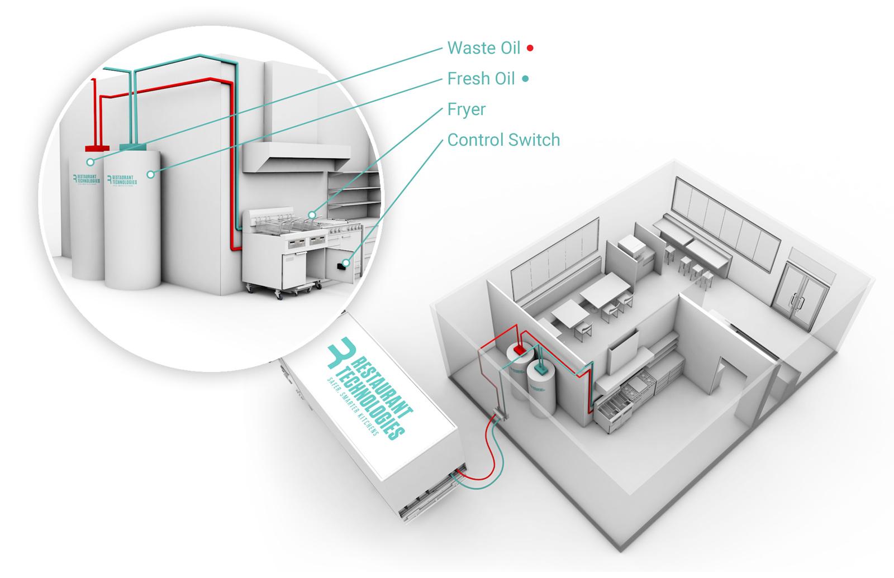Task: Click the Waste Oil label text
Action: pos(483,48)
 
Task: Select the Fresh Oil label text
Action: pos(481,79)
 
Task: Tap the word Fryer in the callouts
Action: pos(466,109)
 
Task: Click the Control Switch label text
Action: pos(503,140)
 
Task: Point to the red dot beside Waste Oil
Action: pos(530,49)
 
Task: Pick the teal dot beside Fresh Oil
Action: pos(525,79)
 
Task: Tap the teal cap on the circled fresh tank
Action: pos(133,147)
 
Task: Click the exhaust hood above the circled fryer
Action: pos(291,156)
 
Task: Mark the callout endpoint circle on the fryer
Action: pos(312,214)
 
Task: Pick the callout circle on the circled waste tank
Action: pos(90,163)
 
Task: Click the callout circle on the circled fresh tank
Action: pos(150,175)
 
